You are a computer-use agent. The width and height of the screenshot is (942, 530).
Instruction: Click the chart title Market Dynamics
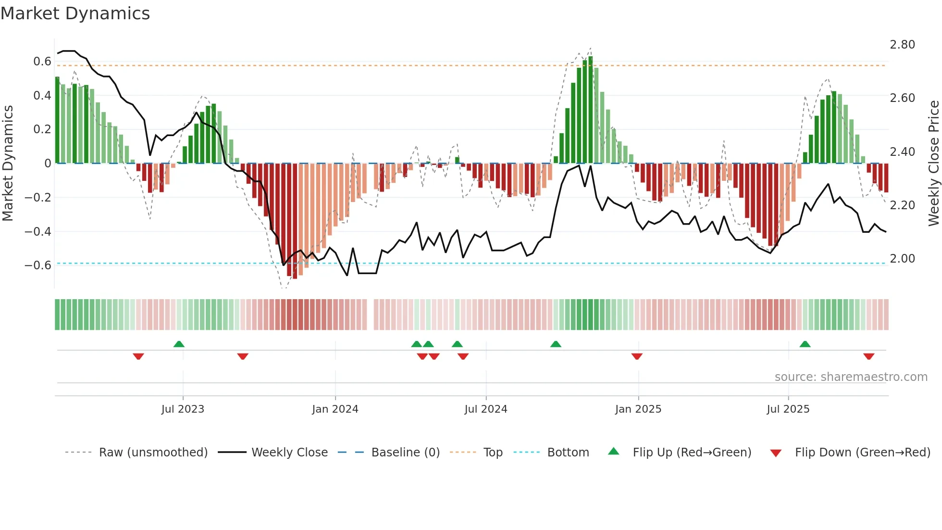pos(75,13)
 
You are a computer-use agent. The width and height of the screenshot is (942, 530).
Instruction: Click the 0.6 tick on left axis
pos(42,62)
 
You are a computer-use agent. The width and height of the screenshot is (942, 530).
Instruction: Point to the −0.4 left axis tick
pos(38,232)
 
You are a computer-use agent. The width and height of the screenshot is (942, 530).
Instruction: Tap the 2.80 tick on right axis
pos(902,45)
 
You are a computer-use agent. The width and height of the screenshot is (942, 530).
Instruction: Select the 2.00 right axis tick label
pos(902,259)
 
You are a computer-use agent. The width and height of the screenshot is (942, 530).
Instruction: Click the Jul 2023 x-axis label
pos(183,409)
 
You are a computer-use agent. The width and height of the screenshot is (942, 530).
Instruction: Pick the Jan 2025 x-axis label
pos(638,409)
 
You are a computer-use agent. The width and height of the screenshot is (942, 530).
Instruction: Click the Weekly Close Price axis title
pos(933,163)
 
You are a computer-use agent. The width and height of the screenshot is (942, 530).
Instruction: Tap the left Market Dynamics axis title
pos(8,163)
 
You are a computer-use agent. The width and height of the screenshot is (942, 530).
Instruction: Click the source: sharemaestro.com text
pos(851,377)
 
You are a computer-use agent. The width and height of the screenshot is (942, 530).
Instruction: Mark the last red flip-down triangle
pos(868,356)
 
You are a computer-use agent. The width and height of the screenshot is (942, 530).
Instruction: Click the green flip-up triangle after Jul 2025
pos(805,344)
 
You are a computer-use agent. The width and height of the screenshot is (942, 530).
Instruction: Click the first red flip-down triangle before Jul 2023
pos(138,356)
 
